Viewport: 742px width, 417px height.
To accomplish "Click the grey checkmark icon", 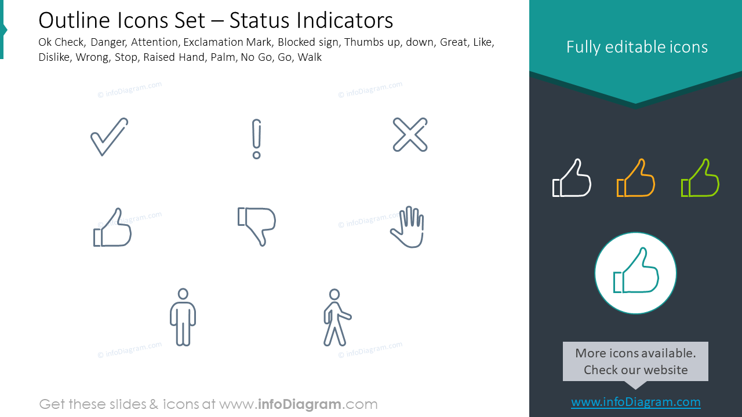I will pos(109,137).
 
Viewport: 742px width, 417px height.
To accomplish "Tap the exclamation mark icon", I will pos(257,139).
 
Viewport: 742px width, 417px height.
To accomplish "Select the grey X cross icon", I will pos(410,135).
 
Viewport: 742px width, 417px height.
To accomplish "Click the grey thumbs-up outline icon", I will pos(112,228).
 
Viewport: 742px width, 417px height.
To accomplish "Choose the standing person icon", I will pos(183,317).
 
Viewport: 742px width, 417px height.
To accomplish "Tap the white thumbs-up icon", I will pos(572,178).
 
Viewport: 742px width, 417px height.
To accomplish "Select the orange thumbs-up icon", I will pos(635,178).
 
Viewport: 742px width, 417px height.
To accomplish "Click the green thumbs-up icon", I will pos(700,178).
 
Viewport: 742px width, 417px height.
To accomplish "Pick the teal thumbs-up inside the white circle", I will pos(635,273).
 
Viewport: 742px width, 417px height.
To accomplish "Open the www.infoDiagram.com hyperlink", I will pos(635,402).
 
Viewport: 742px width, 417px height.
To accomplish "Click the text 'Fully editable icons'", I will pos(636,47).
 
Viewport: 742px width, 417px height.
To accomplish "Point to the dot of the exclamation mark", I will pos(257,155).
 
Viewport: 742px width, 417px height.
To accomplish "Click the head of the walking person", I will pos(334,294).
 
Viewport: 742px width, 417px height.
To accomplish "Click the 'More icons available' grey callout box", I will pos(635,361).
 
